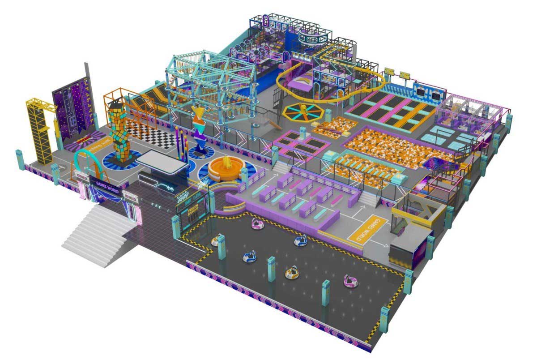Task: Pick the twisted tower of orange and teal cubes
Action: pyautogui.click(x=118, y=130)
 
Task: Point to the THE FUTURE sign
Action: pyautogui.click(x=301, y=56)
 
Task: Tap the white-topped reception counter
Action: pyautogui.click(x=162, y=160)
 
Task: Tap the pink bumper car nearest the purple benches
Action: pyautogui.click(x=257, y=224)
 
